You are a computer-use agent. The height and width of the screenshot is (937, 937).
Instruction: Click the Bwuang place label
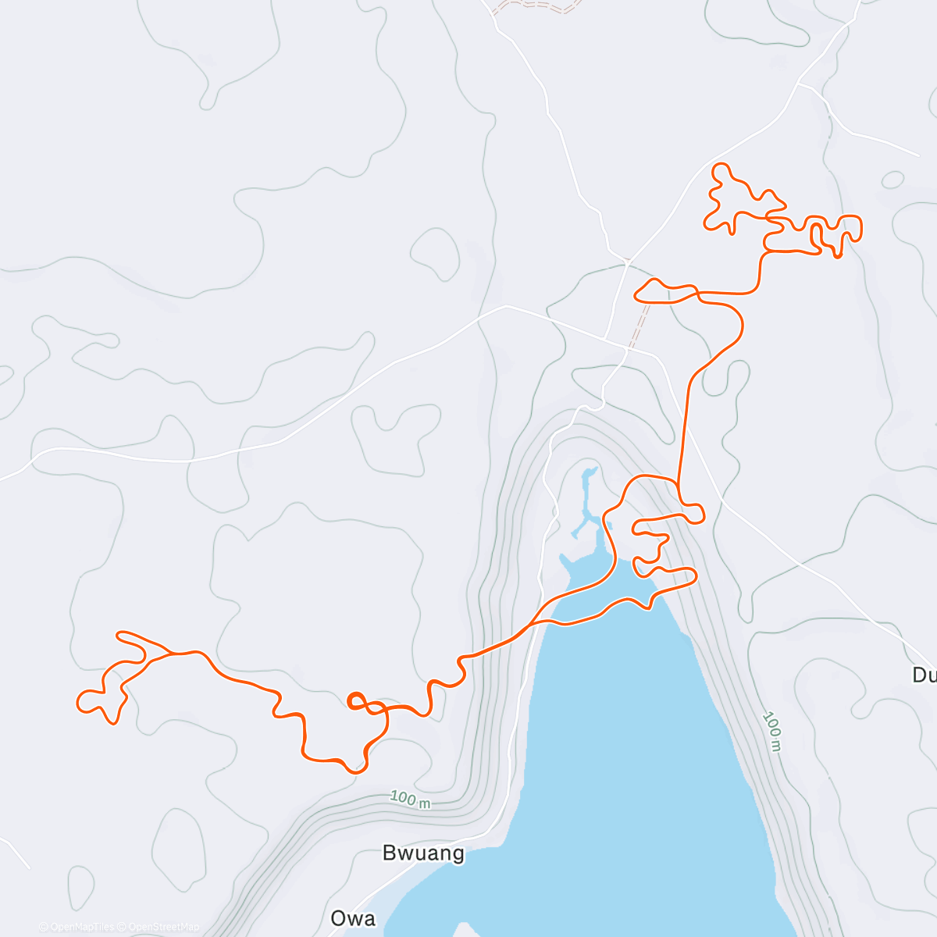[x=423, y=853]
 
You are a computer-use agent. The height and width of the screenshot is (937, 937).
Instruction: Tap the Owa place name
[x=353, y=918]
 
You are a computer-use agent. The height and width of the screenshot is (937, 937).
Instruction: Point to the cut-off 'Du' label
[x=924, y=675]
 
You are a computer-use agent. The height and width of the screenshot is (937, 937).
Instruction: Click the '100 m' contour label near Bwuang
[x=410, y=800]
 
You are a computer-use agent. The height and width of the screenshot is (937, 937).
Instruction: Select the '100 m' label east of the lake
[x=772, y=731]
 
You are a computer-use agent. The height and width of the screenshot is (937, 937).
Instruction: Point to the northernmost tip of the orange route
[x=721, y=164]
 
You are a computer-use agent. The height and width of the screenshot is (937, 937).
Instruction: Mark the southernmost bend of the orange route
[x=355, y=771]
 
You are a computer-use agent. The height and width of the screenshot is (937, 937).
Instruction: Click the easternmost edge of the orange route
[x=860, y=227]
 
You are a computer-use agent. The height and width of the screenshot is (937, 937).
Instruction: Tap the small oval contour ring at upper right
[x=892, y=180]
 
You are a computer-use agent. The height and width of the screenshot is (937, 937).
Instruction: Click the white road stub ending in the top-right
[x=917, y=155]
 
